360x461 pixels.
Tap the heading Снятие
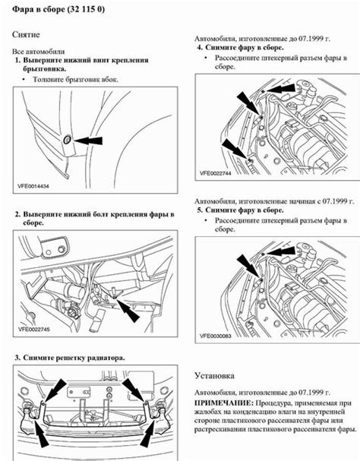click(x=29, y=35)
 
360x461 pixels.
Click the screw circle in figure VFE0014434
click(x=67, y=139)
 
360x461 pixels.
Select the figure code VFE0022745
click(x=37, y=331)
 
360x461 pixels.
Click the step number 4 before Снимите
click(x=199, y=47)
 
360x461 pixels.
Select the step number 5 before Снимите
click(x=199, y=209)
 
